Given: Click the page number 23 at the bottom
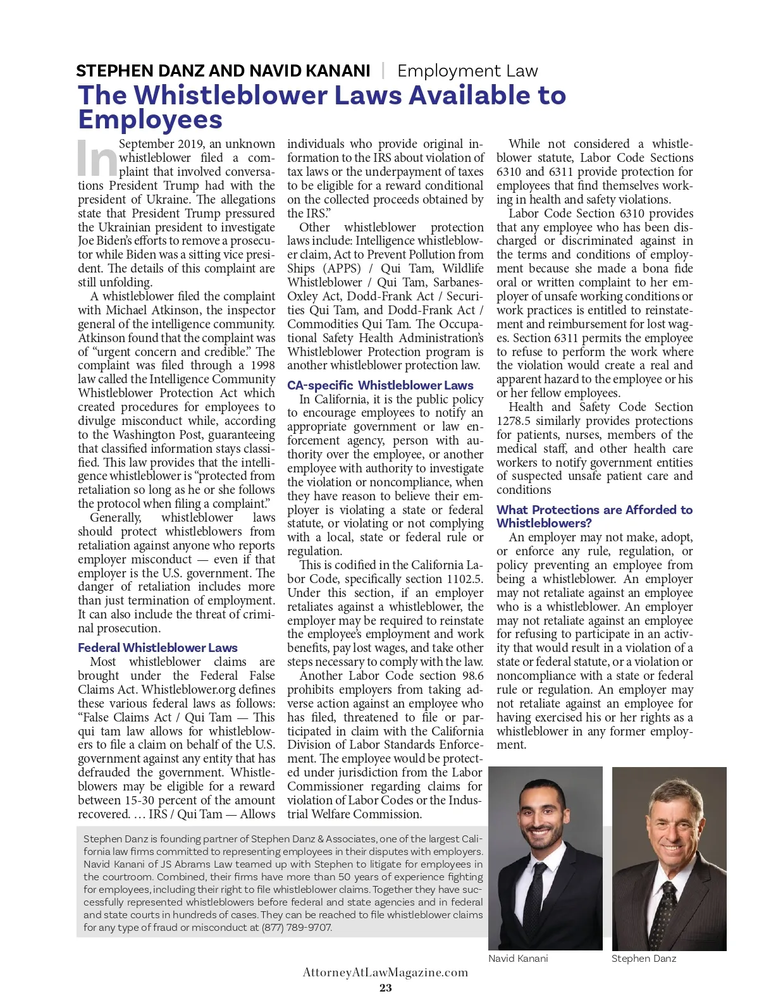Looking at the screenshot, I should [385, 988].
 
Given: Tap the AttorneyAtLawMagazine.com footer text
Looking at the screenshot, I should [385, 973].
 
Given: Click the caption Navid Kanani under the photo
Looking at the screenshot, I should [518, 959].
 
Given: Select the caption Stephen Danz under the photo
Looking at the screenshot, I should [643, 959].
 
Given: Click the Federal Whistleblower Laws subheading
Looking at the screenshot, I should [157, 648].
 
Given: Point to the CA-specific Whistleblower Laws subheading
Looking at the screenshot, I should [380, 385].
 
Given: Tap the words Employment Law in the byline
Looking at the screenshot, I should [467, 71].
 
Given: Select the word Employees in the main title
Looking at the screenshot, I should [151, 120].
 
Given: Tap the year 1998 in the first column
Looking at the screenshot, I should [262, 366].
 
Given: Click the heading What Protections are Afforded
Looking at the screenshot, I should [594, 510].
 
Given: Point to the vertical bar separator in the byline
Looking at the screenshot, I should [383, 70].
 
